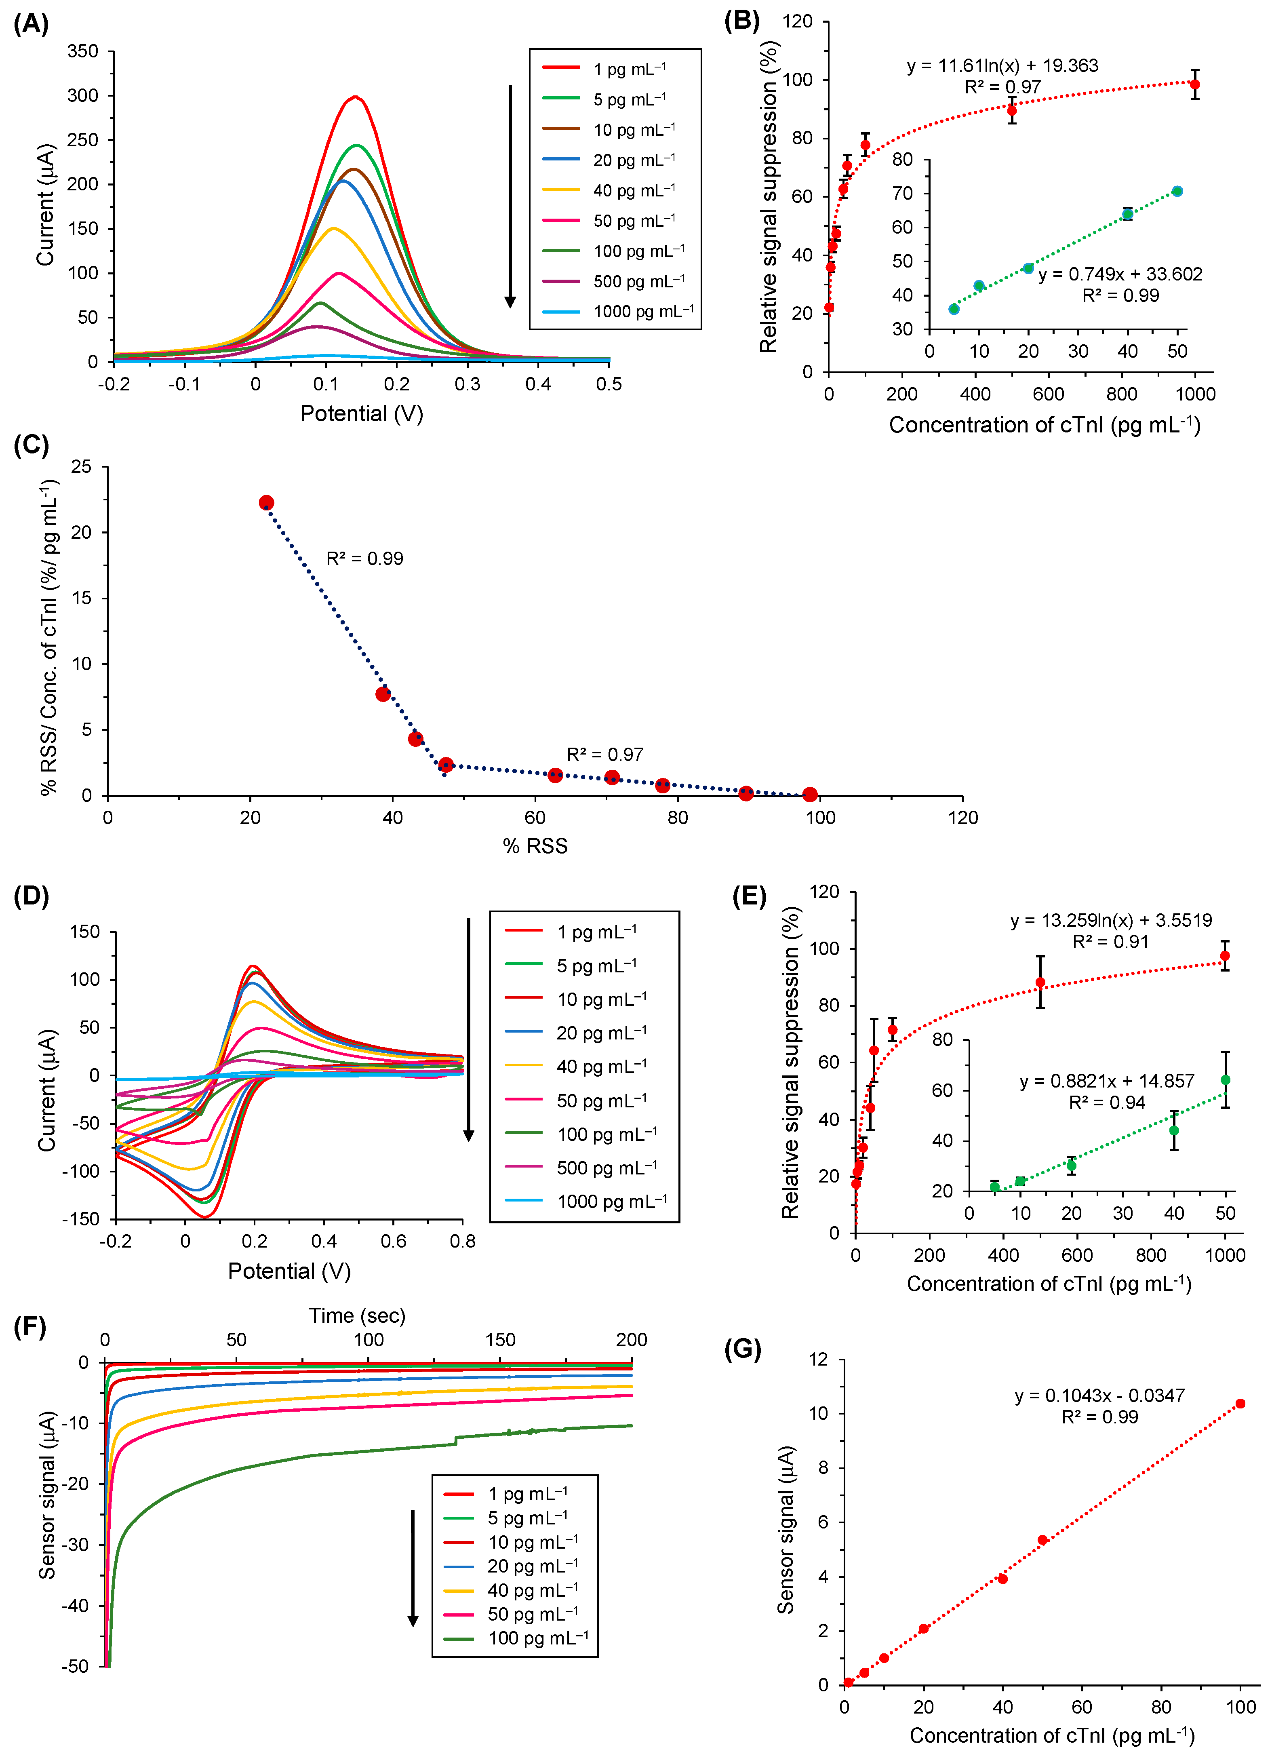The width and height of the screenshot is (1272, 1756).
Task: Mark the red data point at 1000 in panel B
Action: point(1194,84)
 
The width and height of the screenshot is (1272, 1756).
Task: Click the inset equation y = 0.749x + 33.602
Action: point(1120,274)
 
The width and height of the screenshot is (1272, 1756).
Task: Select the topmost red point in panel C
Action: point(266,502)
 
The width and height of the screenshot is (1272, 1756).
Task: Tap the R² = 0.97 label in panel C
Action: point(604,754)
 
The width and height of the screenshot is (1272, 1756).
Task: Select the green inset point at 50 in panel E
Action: point(1225,1080)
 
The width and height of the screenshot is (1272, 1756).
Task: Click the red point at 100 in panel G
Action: point(1240,1404)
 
